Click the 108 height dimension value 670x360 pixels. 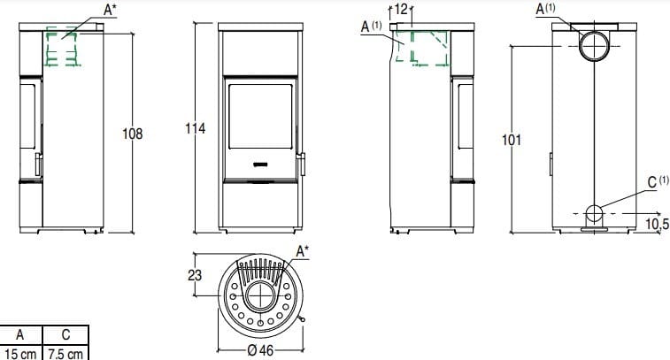(x=133, y=134)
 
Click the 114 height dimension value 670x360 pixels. (x=196, y=128)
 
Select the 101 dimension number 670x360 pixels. (x=512, y=140)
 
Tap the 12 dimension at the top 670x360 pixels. (x=401, y=9)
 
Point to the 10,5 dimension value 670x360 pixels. (x=657, y=224)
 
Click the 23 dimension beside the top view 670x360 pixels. (x=195, y=275)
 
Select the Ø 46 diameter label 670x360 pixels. (x=260, y=350)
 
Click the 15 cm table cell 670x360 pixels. (x=20, y=354)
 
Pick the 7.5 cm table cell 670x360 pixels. (x=65, y=354)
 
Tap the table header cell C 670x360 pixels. (x=65, y=335)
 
